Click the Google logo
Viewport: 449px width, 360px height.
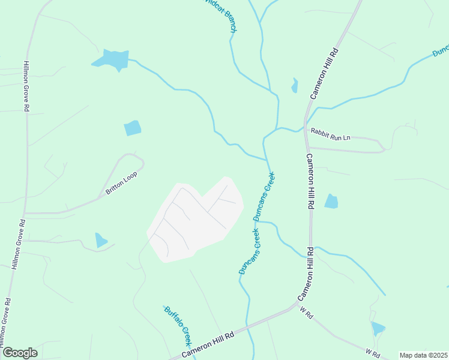pos(19,353)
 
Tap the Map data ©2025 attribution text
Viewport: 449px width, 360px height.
pos(423,355)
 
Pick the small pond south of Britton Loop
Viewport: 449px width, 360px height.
pos(101,240)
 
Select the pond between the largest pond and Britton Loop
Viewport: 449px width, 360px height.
pos(132,128)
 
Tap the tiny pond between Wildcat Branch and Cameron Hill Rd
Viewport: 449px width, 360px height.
pos(294,86)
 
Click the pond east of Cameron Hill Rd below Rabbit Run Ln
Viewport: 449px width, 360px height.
pos(331,201)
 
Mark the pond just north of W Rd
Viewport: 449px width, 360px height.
pos(378,328)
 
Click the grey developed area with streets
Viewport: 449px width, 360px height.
pos(195,219)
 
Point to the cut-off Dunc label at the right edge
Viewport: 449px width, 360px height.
pos(441,50)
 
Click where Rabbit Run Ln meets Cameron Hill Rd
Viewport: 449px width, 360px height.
pos(306,131)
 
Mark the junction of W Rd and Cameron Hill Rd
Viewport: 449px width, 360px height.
pos(297,305)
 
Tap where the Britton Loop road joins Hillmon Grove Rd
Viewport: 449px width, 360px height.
pos(25,213)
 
